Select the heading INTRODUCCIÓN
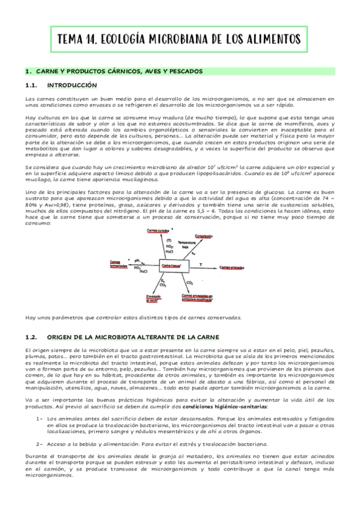tap(72, 85)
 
